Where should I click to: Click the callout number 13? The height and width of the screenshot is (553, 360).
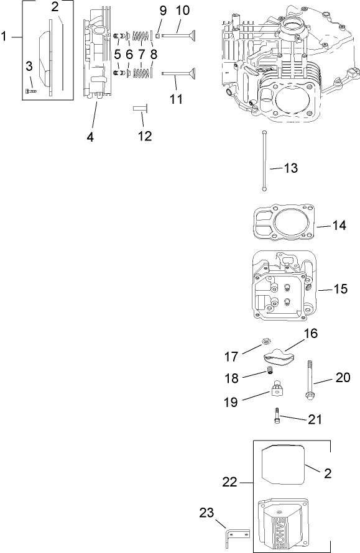click(x=290, y=168)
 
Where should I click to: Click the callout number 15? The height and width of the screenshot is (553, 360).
click(x=340, y=290)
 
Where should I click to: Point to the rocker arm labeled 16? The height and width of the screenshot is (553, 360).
click(x=279, y=356)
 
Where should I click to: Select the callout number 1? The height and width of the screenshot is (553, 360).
click(x=6, y=37)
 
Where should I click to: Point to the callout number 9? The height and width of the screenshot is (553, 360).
click(x=163, y=11)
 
